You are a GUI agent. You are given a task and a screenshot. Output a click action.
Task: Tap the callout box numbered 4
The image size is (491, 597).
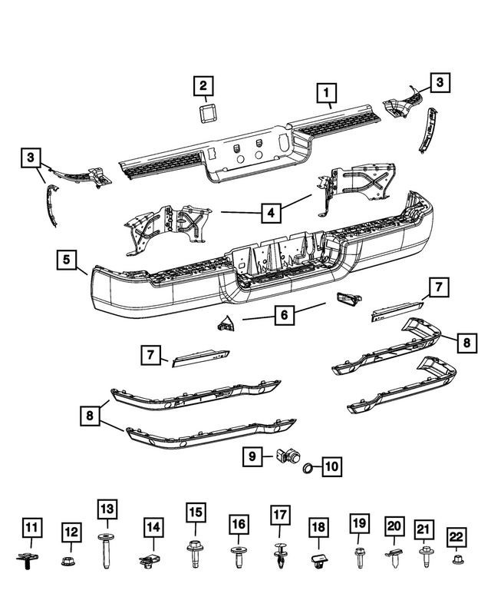(x=269, y=212)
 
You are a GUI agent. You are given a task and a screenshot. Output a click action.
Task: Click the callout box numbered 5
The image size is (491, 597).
(x=67, y=260)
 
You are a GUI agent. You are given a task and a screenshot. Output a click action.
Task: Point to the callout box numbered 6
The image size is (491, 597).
(x=282, y=315)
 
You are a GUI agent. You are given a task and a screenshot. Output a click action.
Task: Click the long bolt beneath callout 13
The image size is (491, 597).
(x=106, y=551)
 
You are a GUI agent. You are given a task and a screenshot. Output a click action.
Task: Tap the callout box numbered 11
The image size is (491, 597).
(x=31, y=528)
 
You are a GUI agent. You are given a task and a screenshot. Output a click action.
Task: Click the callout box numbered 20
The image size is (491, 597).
(x=394, y=526)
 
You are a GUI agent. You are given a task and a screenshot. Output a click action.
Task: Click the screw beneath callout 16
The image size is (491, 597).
(x=239, y=556)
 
